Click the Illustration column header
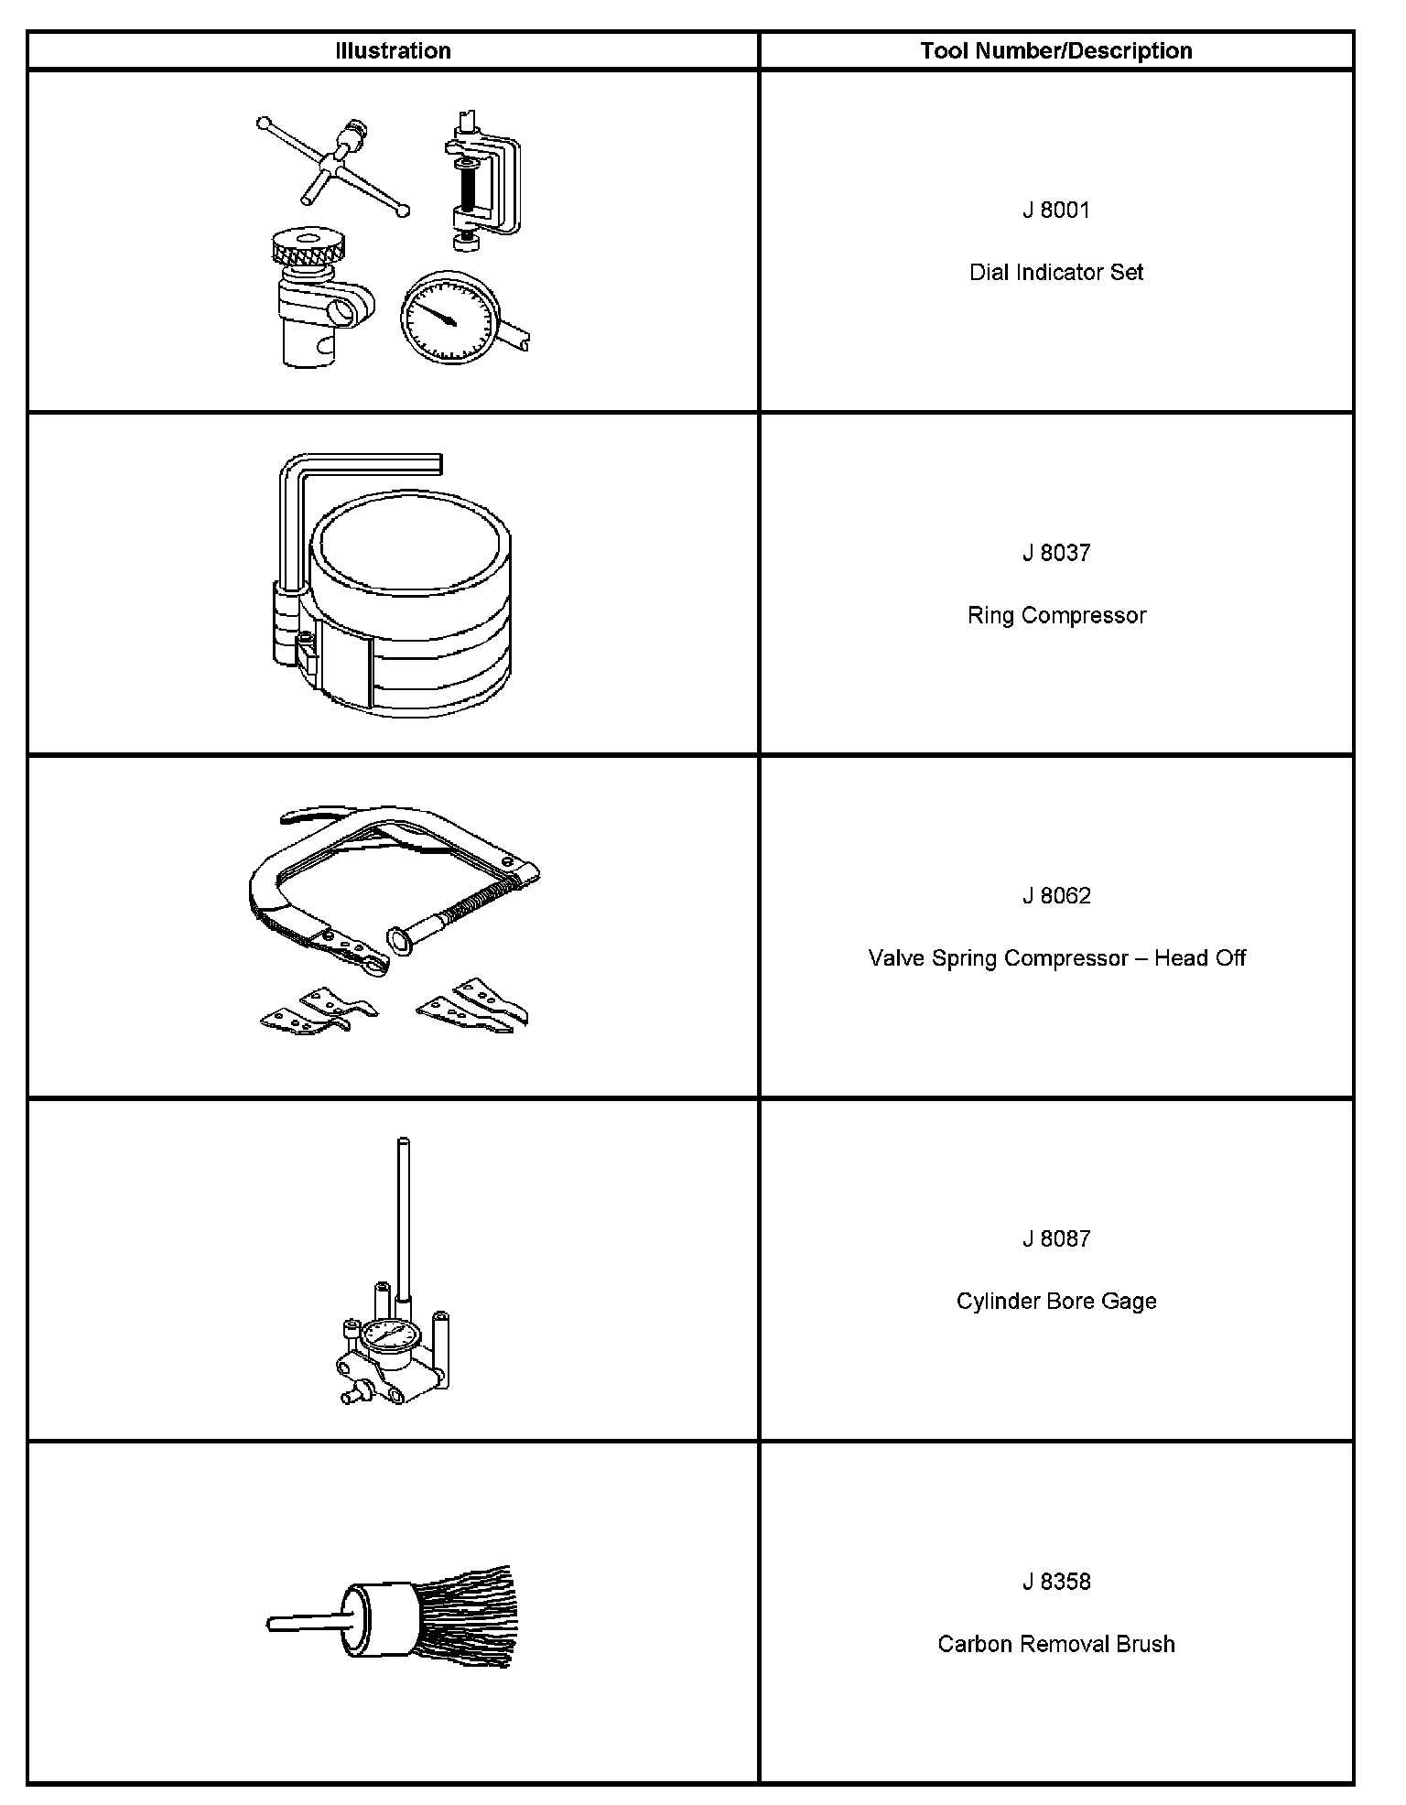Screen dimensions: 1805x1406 (x=393, y=50)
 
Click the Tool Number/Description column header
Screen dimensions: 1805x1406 (x=1056, y=50)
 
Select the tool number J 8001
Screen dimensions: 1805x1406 (x=1056, y=211)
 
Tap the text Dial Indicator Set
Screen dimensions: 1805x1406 (x=1056, y=272)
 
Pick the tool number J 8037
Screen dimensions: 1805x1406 (x=1056, y=553)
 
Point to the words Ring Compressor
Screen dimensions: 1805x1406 (x=1056, y=615)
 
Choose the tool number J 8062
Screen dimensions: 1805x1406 (x=1056, y=895)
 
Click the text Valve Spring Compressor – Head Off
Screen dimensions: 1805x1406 (x=1056, y=957)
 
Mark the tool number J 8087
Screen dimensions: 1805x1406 (x=1056, y=1238)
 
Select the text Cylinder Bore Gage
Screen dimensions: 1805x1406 (x=1056, y=1301)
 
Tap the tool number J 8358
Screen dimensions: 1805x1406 (x=1056, y=1582)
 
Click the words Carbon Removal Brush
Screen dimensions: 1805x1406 (x=1056, y=1644)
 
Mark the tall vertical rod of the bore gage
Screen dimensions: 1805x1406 (x=403, y=1217)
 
